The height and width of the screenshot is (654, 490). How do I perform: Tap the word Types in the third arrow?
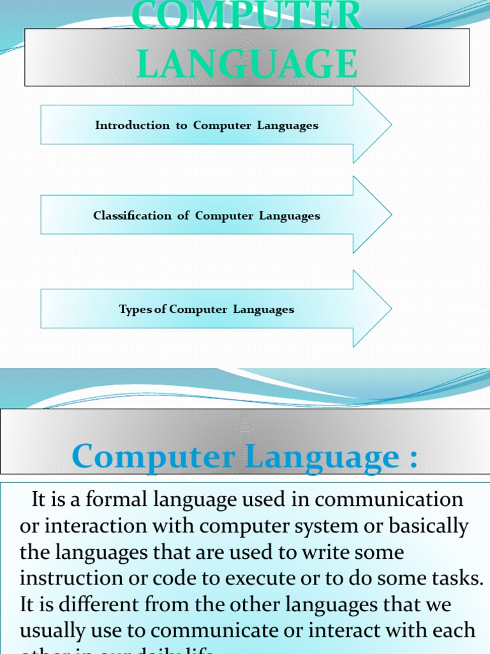(135, 310)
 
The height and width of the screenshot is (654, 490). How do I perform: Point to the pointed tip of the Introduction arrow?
(390, 125)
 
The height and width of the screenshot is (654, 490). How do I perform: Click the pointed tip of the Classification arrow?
(390, 215)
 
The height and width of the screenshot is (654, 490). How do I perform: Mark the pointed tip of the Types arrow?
(390, 309)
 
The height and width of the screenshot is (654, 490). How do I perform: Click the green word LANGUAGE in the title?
(247, 65)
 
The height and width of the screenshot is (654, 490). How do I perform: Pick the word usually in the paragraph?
(56, 631)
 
